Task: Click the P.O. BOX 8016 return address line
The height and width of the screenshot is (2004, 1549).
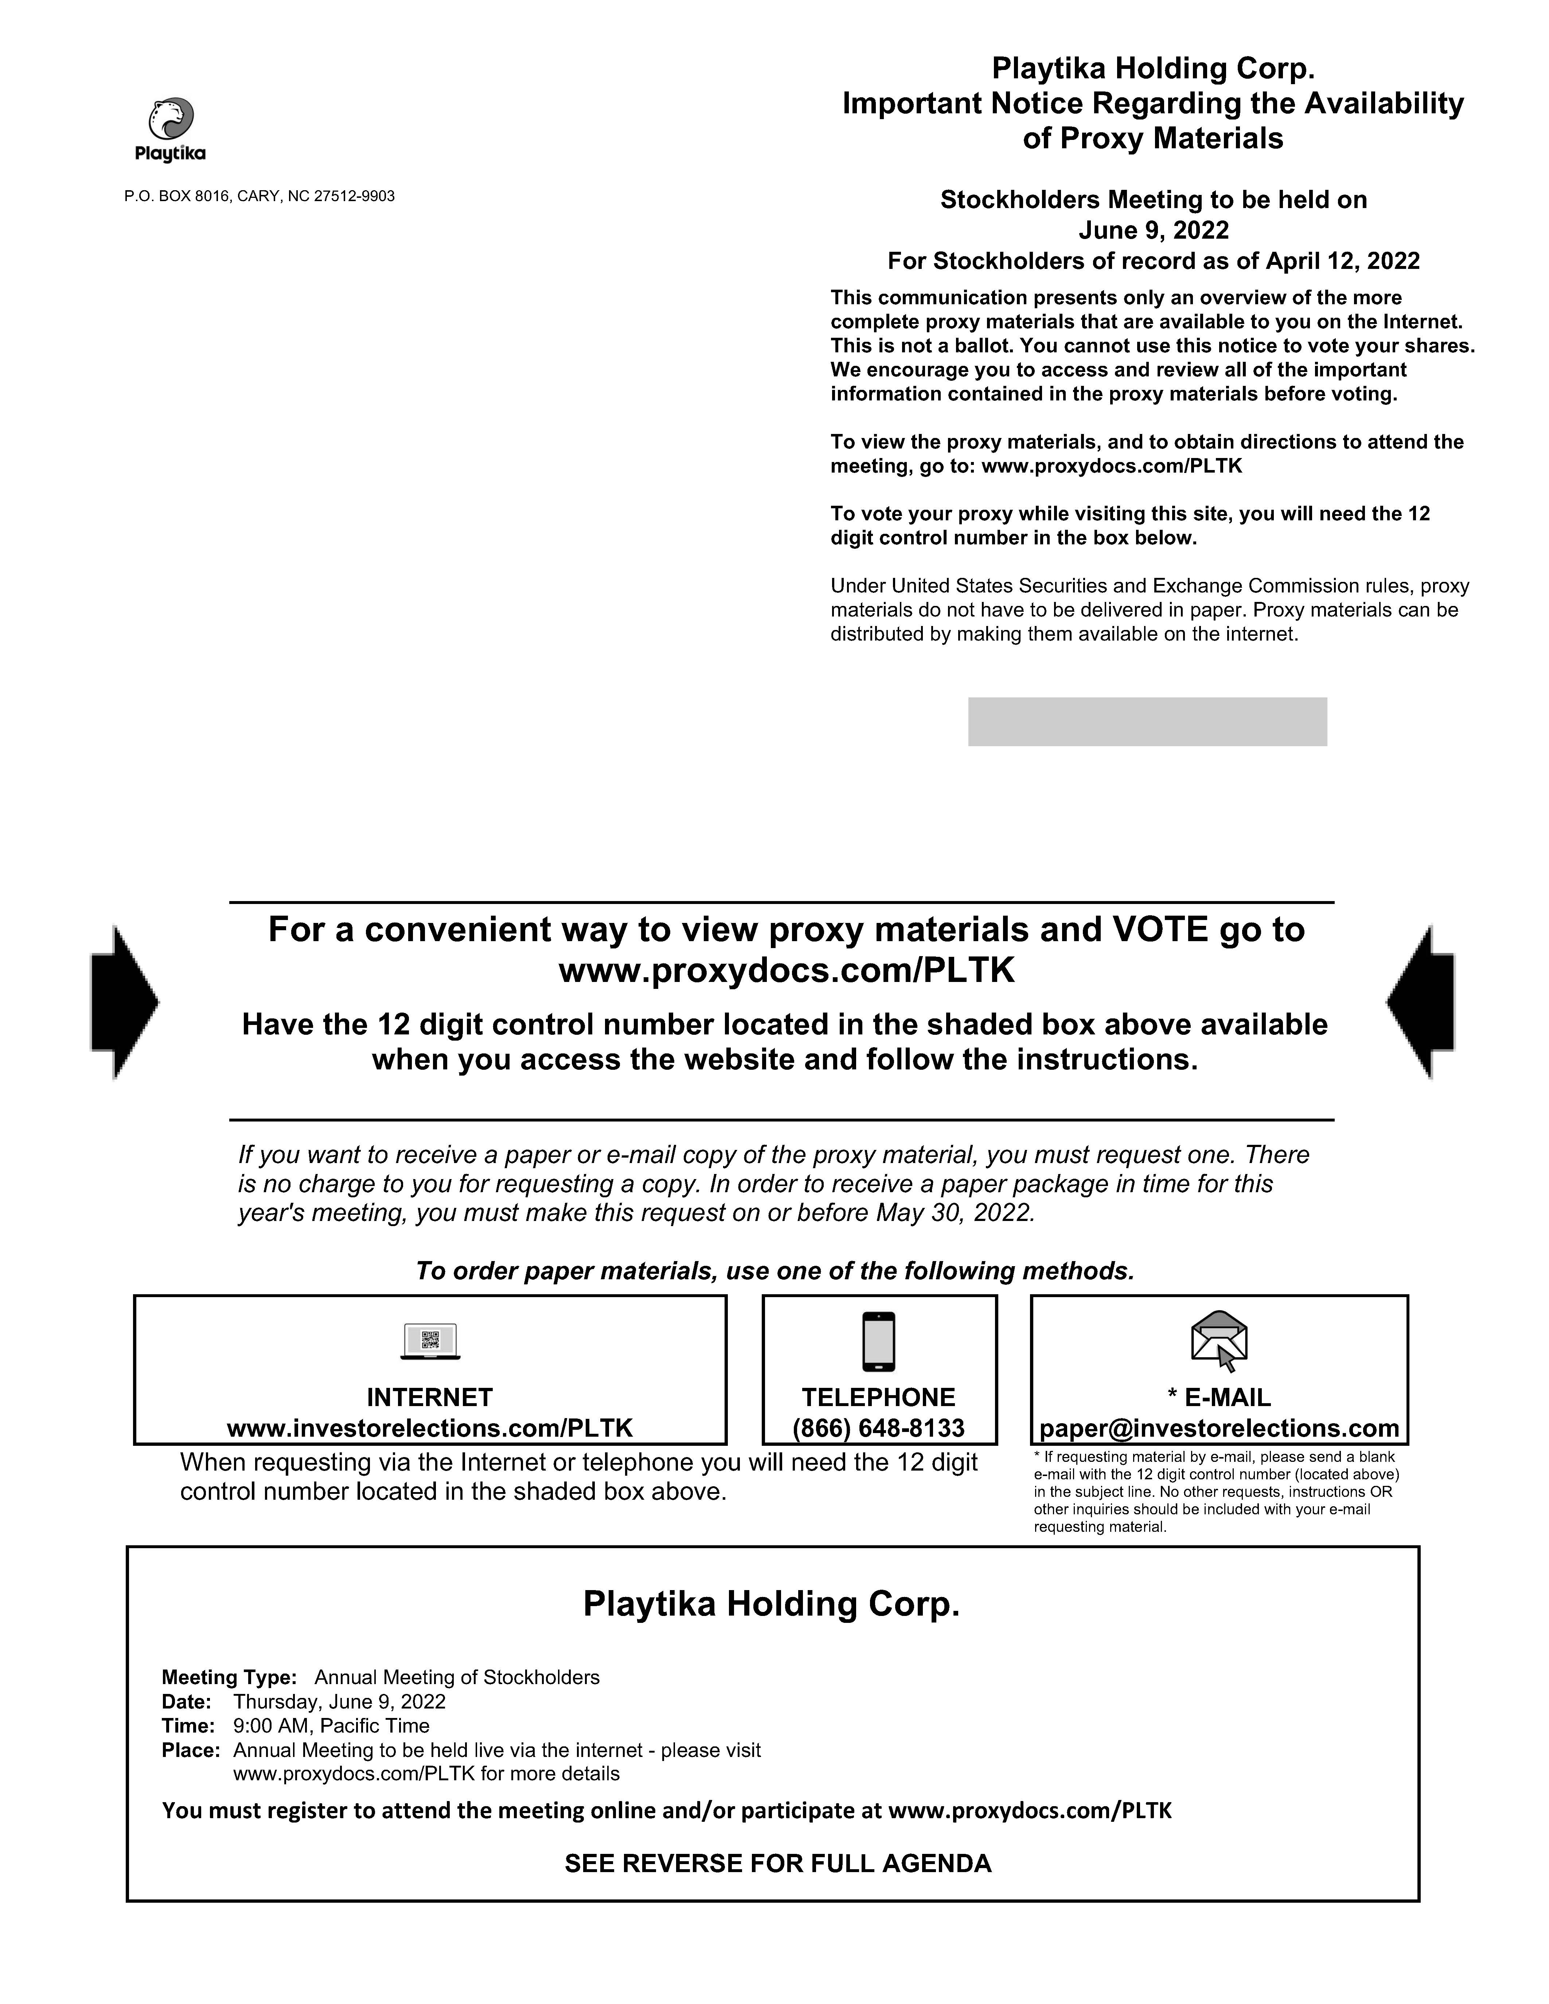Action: click(x=260, y=196)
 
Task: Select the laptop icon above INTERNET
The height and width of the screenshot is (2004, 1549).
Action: click(x=430, y=1342)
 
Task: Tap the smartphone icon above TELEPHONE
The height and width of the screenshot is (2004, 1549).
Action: click(x=878, y=1342)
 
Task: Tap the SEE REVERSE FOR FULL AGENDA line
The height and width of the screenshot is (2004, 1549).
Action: click(x=777, y=1864)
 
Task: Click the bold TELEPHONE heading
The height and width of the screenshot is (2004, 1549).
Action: click(x=878, y=1397)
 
